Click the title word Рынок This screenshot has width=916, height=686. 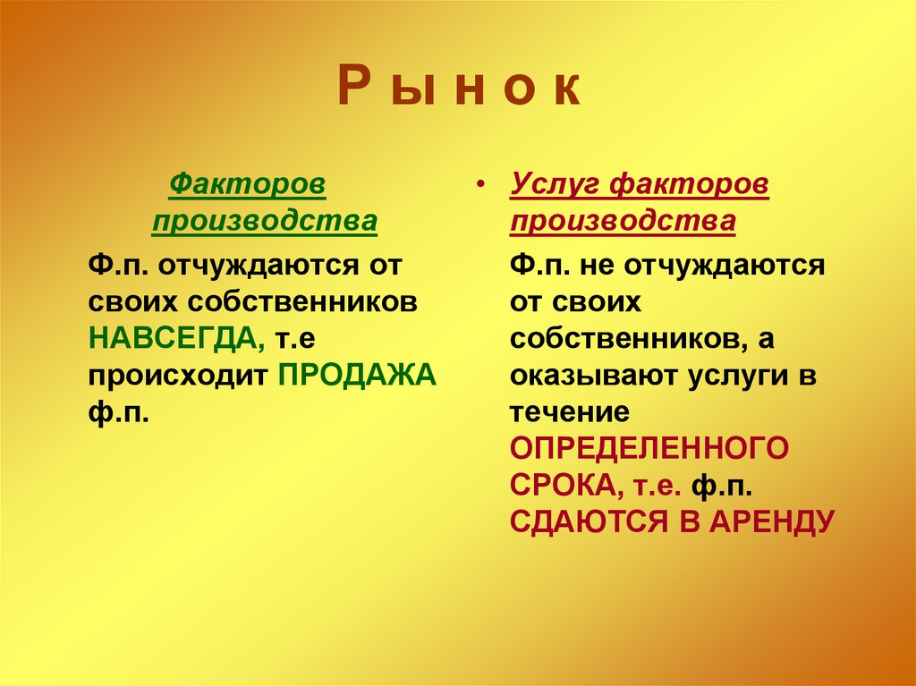[x=459, y=91]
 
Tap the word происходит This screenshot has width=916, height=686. [x=178, y=376]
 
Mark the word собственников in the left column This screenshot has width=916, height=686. [x=306, y=301]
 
